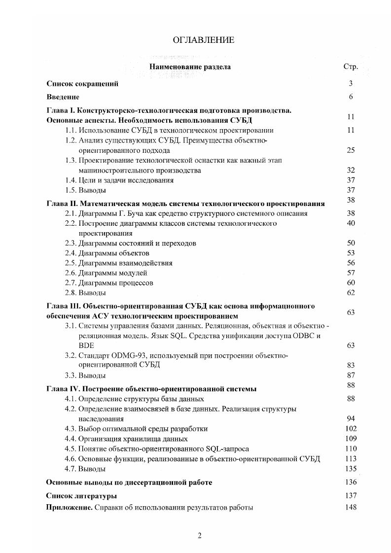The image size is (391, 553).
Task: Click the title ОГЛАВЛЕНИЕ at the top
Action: tap(204, 40)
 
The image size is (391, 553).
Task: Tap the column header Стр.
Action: tap(350, 67)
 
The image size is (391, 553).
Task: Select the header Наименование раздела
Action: tap(190, 67)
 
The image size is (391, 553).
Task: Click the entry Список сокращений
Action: tap(82, 84)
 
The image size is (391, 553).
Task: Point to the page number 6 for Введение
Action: tap(351, 97)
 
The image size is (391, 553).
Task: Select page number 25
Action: tap(351, 150)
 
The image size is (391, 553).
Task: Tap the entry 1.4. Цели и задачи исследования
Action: tap(119, 180)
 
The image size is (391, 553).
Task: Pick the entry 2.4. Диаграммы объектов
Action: tap(107, 253)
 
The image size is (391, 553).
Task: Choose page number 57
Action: tap(351, 273)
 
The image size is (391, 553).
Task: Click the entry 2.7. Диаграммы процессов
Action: tap(109, 283)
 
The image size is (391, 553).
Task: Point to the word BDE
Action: tap(86, 346)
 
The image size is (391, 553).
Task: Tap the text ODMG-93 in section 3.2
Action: tap(130, 355)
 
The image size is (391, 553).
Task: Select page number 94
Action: tap(351, 419)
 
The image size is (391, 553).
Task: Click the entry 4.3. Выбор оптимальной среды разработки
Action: tap(136, 429)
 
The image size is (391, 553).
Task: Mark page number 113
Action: tap(351, 459)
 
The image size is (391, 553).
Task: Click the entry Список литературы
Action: tap(81, 496)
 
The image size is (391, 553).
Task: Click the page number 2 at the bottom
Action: tap(200, 536)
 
